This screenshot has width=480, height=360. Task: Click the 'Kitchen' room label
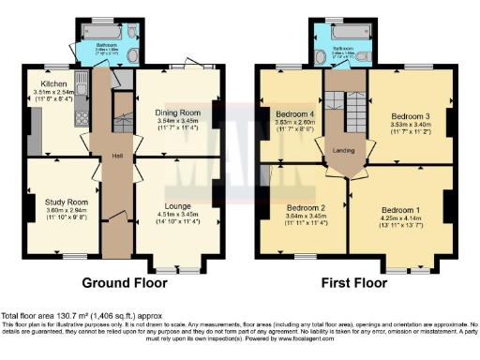click(x=46, y=83)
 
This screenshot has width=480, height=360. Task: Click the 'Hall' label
click(x=118, y=156)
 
